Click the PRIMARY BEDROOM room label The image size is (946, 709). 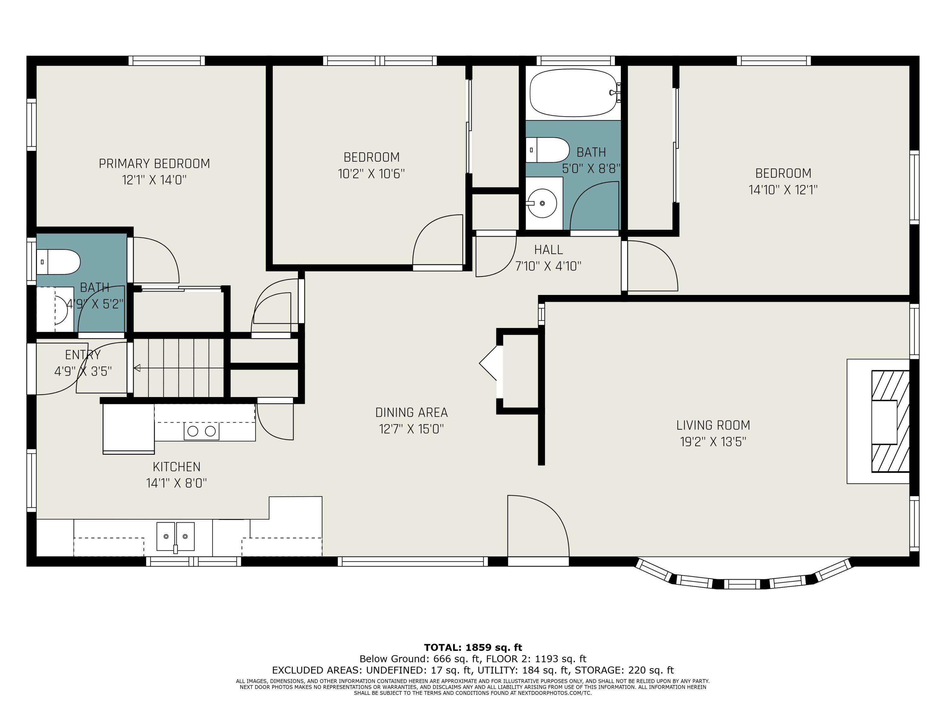pos(155,164)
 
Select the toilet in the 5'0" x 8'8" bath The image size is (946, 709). pos(547,150)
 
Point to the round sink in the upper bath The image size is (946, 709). pos(542,204)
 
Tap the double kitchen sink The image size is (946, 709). pos(175,537)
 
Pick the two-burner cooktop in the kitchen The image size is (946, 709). pos(201,431)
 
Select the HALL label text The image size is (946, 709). pos(548,250)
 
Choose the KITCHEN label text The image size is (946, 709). pos(177,467)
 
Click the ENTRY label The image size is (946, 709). pos(83,355)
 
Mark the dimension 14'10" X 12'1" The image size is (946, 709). pos(783,190)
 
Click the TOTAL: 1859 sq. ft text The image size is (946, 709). pos(473,648)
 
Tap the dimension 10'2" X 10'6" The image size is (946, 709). pos(371,174)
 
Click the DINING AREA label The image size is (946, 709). pos(412,412)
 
